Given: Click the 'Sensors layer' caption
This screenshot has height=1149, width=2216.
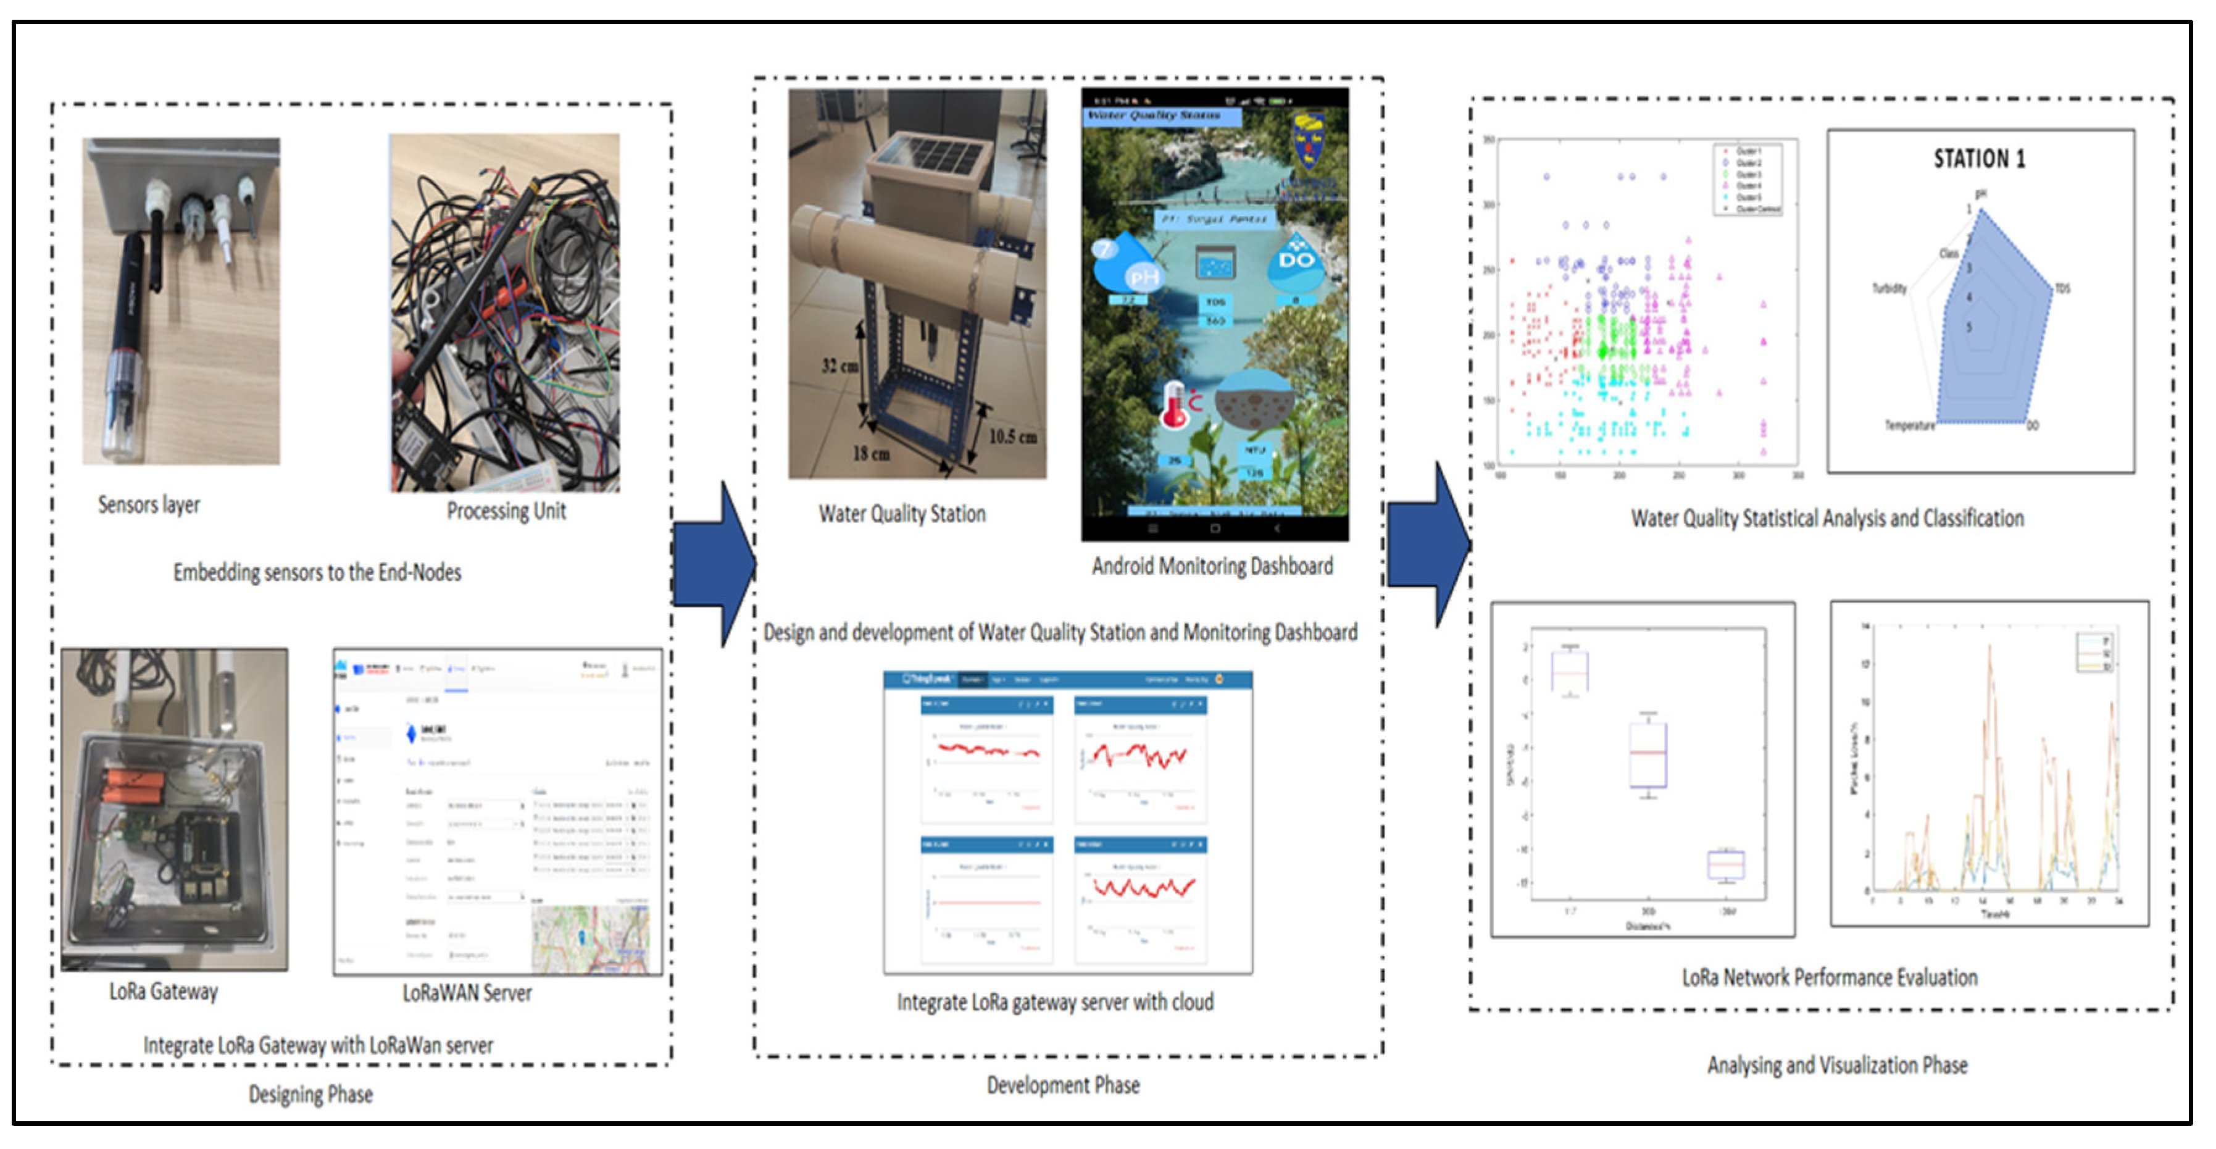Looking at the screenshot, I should click(x=149, y=504).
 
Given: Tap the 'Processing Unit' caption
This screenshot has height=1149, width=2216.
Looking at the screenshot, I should click(x=506, y=511).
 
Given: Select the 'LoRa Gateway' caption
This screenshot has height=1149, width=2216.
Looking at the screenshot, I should click(x=164, y=992).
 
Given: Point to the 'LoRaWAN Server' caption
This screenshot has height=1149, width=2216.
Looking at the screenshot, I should click(x=467, y=993).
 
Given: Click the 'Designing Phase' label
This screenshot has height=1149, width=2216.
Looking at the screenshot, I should click(x=310, y=1095).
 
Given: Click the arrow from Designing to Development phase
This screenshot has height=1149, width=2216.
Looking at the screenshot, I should click(x=714, y=564).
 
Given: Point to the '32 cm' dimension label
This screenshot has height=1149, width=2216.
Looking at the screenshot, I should click(x=839, y=366).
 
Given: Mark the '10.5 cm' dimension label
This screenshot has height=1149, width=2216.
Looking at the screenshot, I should click(x=1012, y=437).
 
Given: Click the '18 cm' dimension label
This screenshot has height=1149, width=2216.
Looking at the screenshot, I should click(x=870, y=454).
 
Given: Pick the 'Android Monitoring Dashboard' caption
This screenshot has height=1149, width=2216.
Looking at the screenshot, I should click(x=1212, y=566).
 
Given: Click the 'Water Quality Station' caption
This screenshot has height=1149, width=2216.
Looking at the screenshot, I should click(x=902, y=514).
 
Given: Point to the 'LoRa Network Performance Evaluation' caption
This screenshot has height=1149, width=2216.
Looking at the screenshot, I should click(x=1829, y=978).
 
